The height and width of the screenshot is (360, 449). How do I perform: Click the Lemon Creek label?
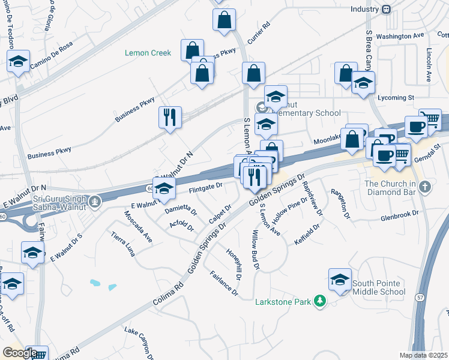(x=148, y=53)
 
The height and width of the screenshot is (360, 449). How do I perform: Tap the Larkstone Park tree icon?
(x=321, y=301)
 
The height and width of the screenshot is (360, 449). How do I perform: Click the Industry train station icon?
(x=387, y=9)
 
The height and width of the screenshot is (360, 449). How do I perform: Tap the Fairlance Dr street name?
(x=224, y=284)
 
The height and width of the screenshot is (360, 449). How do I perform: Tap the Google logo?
(x=20, y=353)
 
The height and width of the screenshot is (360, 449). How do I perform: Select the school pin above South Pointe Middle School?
(x=340, y=280)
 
